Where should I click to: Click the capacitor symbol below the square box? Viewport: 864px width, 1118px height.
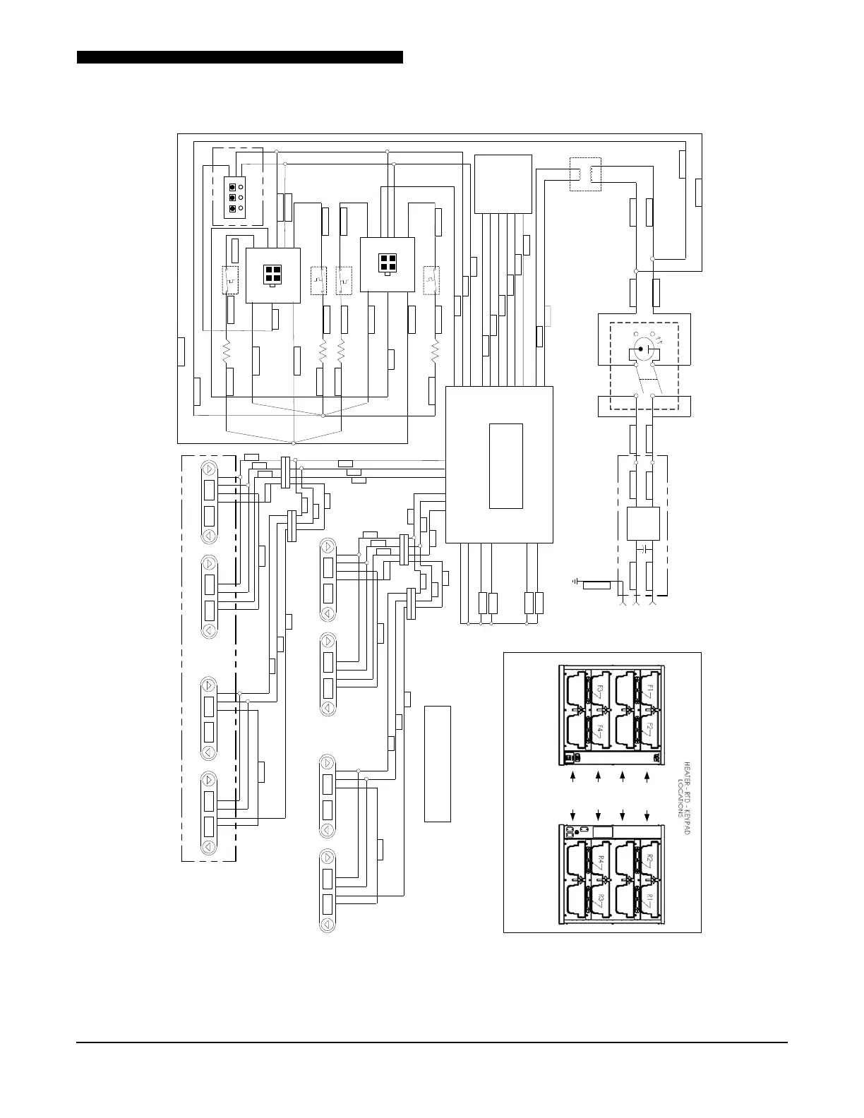(x=644, y=547)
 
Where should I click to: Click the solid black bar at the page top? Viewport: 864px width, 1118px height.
(x=240, y=57)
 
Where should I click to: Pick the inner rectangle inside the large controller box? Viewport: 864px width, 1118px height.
(x=505, y=466)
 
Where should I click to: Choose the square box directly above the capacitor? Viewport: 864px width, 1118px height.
(x=643, y=523)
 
